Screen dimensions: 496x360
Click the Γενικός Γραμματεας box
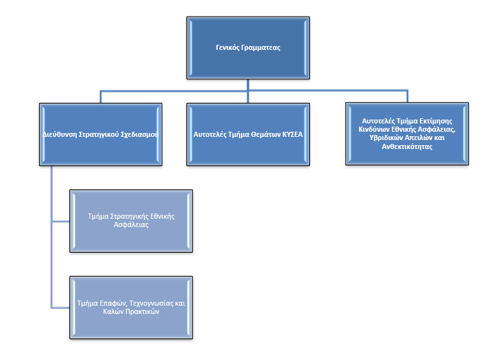point(248,48)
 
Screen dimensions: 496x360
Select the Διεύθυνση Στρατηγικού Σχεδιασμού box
point(100,134)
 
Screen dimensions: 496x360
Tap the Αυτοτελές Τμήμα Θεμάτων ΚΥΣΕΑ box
point(248,134)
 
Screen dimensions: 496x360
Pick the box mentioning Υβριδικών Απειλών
point(407,134)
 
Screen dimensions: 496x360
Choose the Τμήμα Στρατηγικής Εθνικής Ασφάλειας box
point(131,221)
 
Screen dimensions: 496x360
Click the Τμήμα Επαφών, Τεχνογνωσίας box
point(131,308)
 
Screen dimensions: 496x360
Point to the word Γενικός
point(228,47)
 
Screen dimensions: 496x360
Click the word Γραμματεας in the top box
point(261,48)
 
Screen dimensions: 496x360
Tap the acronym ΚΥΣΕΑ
point(292,134)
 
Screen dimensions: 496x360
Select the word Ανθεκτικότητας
point(407,146)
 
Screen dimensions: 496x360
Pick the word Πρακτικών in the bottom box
point(142,311)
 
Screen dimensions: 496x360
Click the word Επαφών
point(113,303)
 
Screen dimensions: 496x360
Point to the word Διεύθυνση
point(60,134)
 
